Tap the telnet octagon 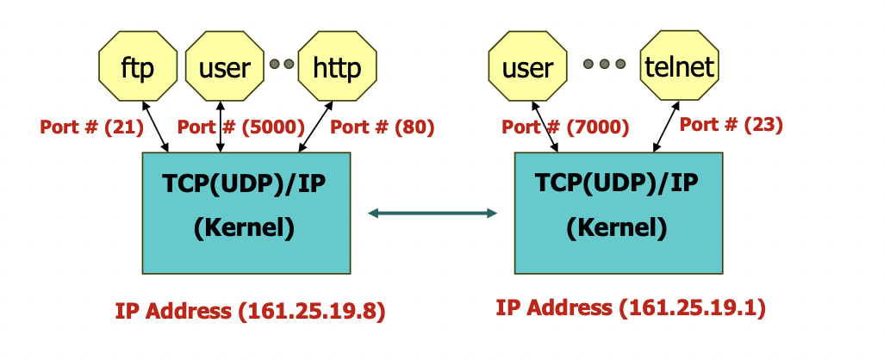click(x=680, y=66)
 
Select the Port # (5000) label click(x=241, y=127)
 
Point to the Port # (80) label click(x=383, y=127)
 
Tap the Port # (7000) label click(x=565, y=127)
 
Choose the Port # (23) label click(x=731, y=124)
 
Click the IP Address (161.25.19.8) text click(x=250, y=310)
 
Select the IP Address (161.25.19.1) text click(x=631, y=307)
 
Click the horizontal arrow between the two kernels click(x=433, y=213)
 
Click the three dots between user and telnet click(x=604, y=64)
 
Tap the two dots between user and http click(x=282, y=64)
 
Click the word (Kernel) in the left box click(x=245, y=228)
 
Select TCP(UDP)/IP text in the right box click(x=617, y=183)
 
